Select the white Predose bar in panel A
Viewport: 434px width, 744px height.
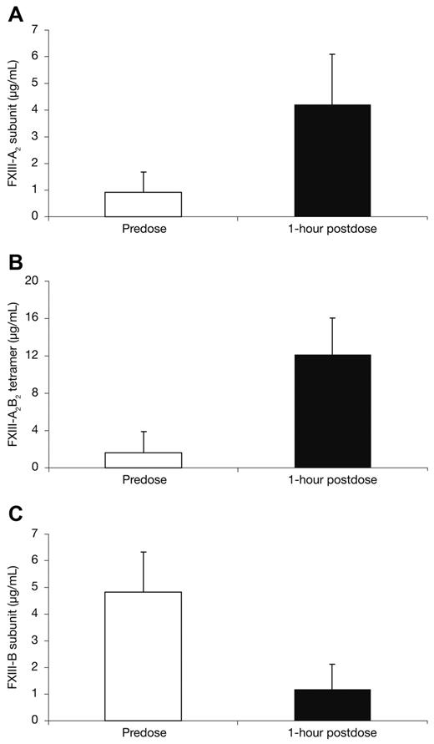click(x=143, y=205)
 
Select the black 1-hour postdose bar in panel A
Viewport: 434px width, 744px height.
click(x=332, y=160)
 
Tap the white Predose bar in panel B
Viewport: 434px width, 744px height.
click(x=143, y=460)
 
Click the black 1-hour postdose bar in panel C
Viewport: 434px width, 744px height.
click(x=332, y=705)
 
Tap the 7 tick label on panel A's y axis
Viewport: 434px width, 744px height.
click(x=35, y=29)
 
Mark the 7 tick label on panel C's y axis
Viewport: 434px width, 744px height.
click(x=35, y=533)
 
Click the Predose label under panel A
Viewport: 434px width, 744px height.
click(x=143, y=228)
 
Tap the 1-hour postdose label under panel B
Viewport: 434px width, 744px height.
click(x=332, y=480)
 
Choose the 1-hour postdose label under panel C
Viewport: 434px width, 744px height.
click(x=332, y=732)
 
